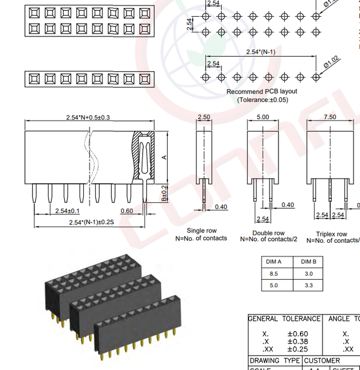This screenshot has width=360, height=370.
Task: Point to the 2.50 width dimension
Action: pos(204,117)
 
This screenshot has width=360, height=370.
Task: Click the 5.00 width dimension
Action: pos(263,117)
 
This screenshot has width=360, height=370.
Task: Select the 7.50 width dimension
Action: pos(329,117)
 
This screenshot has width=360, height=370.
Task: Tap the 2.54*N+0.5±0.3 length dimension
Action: pos(88,118)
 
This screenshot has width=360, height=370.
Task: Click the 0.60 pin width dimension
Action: pos(127,211)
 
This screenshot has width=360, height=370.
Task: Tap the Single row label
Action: pos(201,231)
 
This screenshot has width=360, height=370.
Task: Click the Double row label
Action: pos(268,233)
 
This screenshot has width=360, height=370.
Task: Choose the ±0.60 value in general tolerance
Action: pos(298,334)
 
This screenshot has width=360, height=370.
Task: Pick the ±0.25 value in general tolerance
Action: pos(298,349)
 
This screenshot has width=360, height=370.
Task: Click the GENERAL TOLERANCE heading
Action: pos(284,319)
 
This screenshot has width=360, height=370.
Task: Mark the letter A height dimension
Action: pos(165,157)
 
